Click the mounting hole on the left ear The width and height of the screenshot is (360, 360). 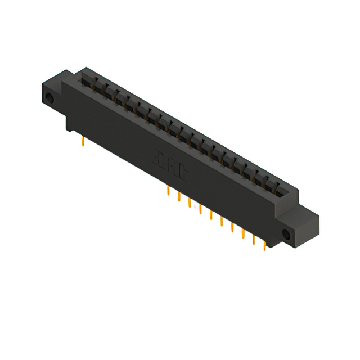point(49,100)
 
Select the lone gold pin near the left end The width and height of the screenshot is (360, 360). point(83,141)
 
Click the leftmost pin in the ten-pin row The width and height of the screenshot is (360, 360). point(168,191)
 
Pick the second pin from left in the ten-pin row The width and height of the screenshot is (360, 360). point(179,196)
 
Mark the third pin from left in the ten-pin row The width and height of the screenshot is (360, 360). point(190,202)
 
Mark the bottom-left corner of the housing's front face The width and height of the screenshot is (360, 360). point(68,129)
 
